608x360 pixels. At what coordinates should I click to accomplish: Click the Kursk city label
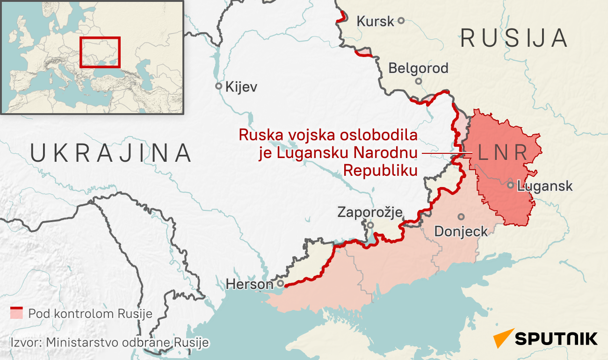375,21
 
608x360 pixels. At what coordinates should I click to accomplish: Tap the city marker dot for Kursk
401,21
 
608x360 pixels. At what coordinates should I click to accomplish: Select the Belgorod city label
418,68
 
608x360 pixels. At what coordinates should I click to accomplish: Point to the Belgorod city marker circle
419,81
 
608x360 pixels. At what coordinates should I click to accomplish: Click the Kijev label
241,87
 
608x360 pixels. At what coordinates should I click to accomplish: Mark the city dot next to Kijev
218,86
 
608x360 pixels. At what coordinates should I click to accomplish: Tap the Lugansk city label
545,186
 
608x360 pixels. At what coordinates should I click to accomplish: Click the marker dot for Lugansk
511,185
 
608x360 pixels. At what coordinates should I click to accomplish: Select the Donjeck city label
461,231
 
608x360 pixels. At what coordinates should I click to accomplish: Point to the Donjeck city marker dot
461,216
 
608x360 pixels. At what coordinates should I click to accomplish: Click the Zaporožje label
370,213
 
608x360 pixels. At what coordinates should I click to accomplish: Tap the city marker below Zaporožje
370,225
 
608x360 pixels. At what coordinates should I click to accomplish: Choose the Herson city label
249,284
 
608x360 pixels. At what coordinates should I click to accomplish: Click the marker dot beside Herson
280,283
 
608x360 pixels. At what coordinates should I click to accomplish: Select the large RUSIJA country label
514,38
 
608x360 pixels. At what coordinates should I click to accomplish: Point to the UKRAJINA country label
111,153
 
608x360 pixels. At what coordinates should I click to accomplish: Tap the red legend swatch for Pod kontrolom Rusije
17,313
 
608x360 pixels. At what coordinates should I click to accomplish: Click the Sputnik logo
545,338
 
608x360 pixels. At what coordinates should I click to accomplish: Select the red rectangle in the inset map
100,52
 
